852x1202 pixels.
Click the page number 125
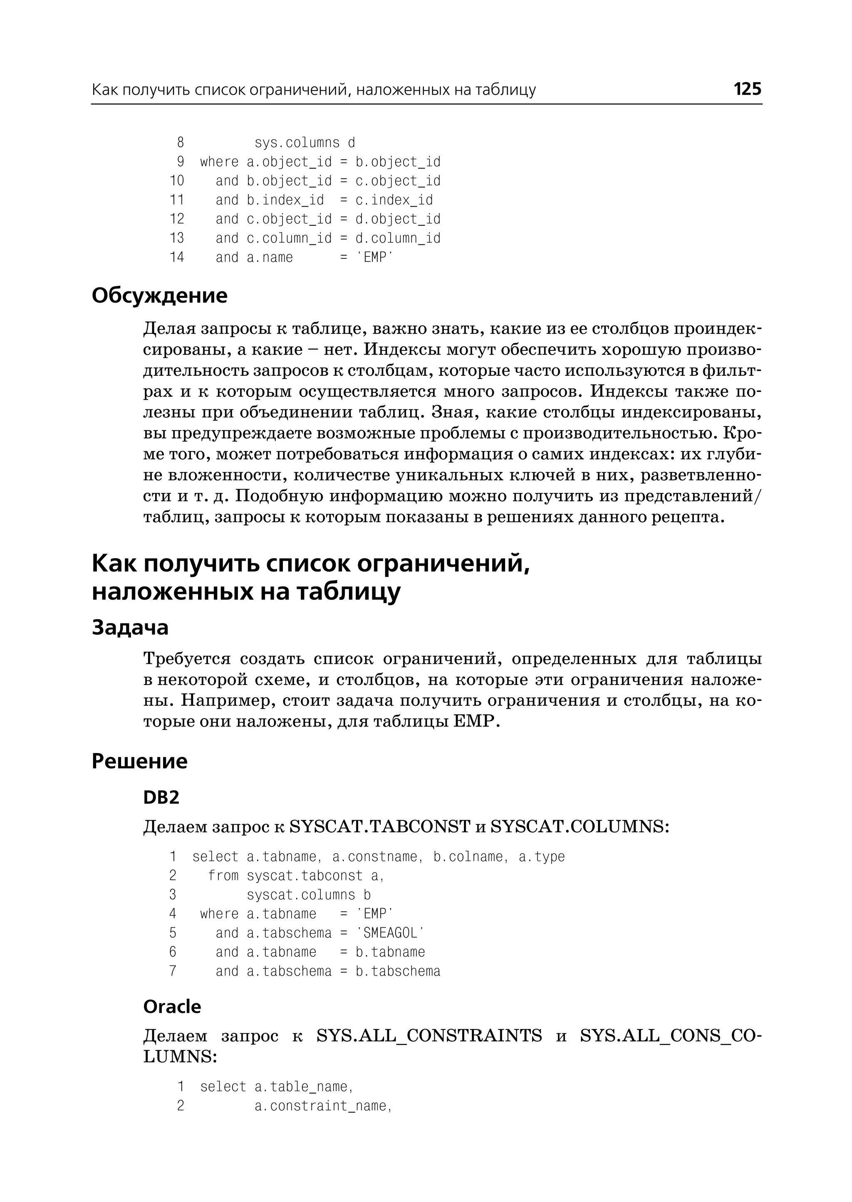point(747,89)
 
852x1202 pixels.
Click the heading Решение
point(139,761)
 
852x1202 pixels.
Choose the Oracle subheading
point(172,1007)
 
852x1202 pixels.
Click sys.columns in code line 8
point(297,143)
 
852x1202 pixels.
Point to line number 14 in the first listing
point(177,257)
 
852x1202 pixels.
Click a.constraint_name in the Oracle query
point(323,1106)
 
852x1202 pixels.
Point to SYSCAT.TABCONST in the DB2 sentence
point(380,827)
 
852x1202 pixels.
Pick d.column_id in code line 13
point(398,239)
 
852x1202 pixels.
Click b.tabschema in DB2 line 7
point(398,971)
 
